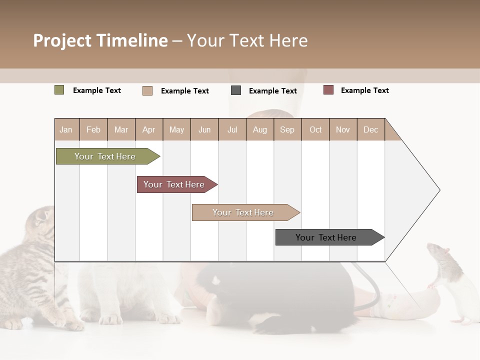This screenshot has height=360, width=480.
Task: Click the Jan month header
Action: click(x=66, y=129)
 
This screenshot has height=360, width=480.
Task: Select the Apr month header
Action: click(x=149, y=129)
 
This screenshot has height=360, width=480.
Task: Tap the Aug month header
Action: click(x=259, y=129)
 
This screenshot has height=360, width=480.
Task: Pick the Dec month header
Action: click(x=370, y=129)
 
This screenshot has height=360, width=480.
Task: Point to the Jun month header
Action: click(x=204, y=129)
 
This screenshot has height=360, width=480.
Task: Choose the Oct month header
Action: click(x=315, y=129)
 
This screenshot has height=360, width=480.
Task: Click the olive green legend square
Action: click(x=59, y=90)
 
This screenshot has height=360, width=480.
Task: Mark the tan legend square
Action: click(x=147, y=90)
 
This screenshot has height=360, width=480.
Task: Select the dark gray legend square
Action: click(x=236, y=90)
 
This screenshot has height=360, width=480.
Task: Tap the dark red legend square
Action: click(x=328, y=90)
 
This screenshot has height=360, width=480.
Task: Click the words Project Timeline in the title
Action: click(x=100, y=40)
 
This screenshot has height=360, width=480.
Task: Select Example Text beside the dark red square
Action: click(x=364, y=90)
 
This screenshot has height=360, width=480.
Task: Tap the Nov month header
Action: click(x=343, y=129)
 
